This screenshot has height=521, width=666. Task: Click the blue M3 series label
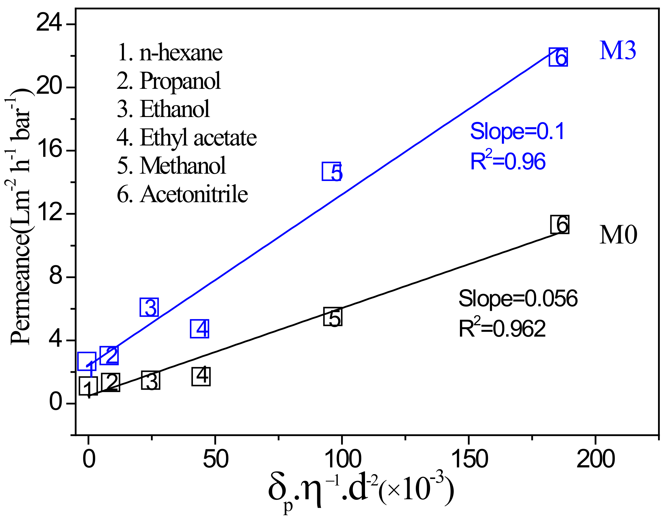coord(618,51)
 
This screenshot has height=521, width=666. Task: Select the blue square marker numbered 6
coord(558,57)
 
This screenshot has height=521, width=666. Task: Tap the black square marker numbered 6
coord(560,224)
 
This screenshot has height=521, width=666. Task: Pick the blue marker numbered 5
coord(331,172)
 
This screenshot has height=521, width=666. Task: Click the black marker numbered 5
coord(333,317)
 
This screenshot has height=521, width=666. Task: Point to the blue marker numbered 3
coord(149,307)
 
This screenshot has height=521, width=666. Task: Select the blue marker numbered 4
coord(200,329)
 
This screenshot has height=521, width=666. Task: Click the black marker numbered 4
coord(201,376)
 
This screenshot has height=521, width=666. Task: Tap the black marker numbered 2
coord(110,382)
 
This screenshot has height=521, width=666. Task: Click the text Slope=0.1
coord(517,131)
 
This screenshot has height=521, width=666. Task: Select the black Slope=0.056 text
coord(518,298)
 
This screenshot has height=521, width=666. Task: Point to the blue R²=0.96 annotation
coord(508,160)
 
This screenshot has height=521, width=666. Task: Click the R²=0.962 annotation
coord(502,328)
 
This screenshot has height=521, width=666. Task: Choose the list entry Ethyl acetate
coord(186,138)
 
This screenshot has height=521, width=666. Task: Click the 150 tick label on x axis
coord(469,459)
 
